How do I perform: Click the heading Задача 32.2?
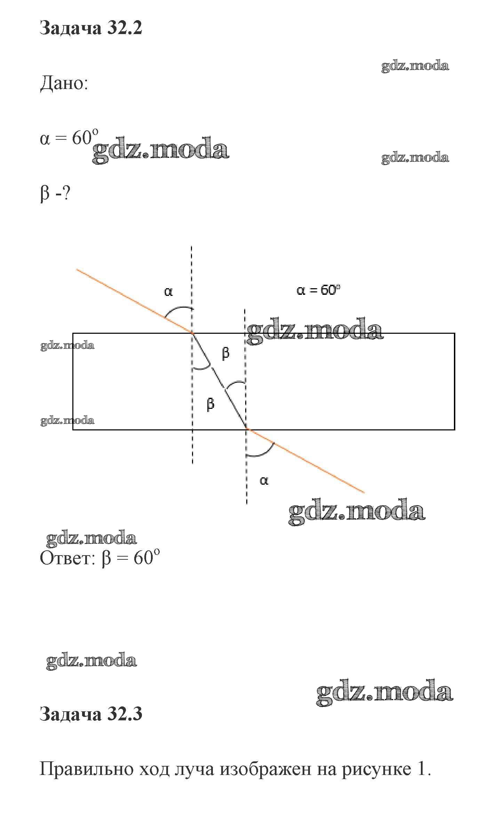(91, 28)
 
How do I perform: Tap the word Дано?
(64, 83)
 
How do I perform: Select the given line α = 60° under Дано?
(69, 138)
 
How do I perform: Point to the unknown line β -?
(55, 193)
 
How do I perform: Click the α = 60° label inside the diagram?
(318, 290)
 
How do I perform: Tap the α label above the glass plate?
(168, 291)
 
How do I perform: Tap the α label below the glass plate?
(264, 480)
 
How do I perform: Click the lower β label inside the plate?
(210, 404)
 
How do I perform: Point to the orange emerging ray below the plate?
(305, 461)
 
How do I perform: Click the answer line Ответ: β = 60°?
(100, 558)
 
